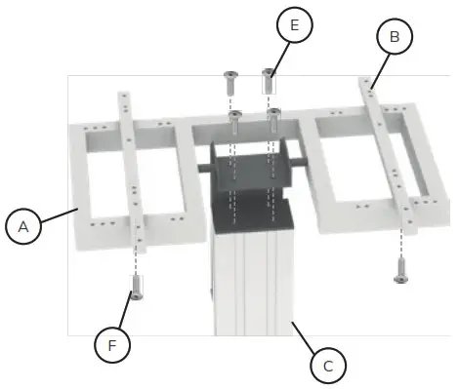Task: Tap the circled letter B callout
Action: pos(394,37)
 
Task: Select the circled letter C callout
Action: pos(328,366)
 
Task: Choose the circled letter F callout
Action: pos(112,344)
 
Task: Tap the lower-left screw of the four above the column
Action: pos(235,119)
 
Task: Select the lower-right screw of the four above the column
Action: pos(273,117)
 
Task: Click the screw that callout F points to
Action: pos(136,290)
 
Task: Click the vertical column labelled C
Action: pos(252,283)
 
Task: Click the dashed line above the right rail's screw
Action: pos(400,244)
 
